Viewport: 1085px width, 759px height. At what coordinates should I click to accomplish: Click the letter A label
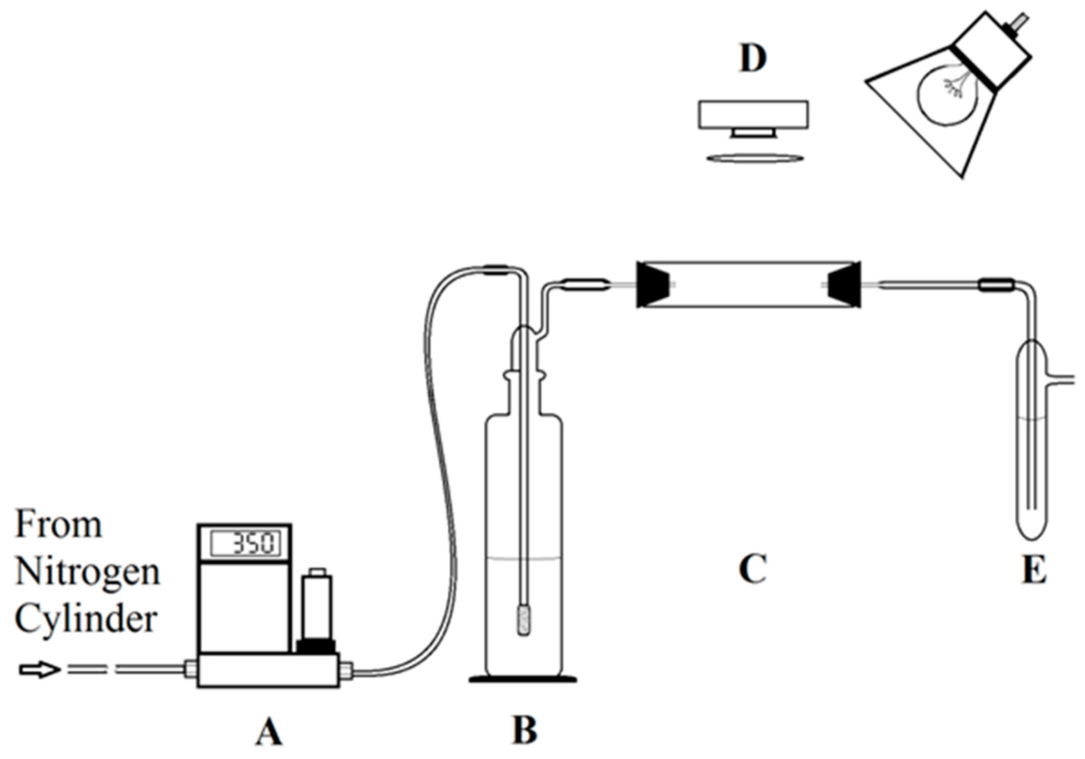point(269,733)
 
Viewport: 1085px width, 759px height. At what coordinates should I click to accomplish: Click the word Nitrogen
point(88,572)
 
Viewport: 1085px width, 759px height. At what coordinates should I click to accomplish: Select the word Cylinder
point(85,619)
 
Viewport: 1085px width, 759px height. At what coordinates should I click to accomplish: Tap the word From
point(59,525)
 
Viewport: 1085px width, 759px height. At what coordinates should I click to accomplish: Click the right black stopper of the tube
point(845,285)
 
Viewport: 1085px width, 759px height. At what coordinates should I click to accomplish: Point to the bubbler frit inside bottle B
point(524,622)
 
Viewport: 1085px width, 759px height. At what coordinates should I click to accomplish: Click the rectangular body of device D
point(753,115)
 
